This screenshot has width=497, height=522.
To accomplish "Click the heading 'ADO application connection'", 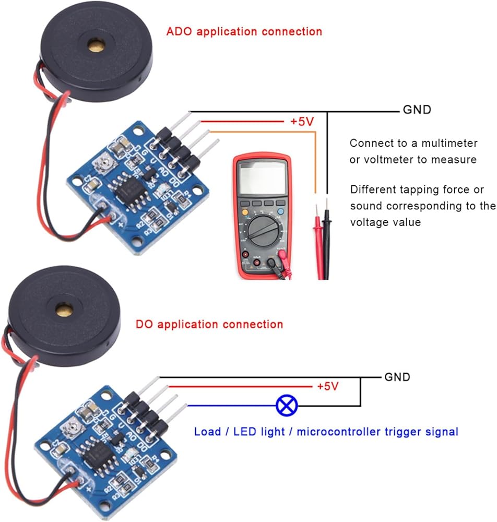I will click(x=244, y=31).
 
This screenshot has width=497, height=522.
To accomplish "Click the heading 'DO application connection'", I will click(x=209, y=324).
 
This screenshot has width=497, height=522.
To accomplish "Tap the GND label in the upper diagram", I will click(x=417, y=110).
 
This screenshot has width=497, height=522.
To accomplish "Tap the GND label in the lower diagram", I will click(x=397, y=377).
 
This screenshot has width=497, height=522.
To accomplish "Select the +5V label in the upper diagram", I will click(x=302, y=122).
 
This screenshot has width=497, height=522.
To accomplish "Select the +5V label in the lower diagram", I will click(x=328, y=387).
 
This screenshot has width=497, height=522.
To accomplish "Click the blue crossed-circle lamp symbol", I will click(x=287, y=405).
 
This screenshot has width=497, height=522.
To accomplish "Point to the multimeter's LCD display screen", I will click(x=262, y=177).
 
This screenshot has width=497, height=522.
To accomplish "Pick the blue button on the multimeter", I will click(x=282, y=212).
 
